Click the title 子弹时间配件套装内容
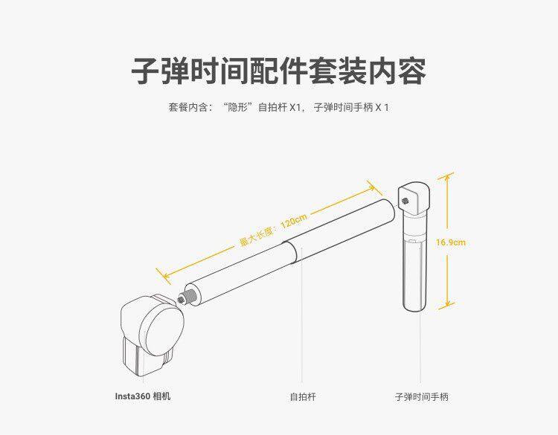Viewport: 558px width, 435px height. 278,71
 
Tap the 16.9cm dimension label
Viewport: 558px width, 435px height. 451,242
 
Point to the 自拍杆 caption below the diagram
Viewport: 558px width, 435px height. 303,397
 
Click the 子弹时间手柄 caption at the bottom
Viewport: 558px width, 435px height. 421,397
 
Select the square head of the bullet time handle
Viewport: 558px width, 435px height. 414,197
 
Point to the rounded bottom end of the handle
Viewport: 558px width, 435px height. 413,307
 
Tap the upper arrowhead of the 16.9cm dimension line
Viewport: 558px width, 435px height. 446,176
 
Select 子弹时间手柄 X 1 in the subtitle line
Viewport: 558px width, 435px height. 351,108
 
